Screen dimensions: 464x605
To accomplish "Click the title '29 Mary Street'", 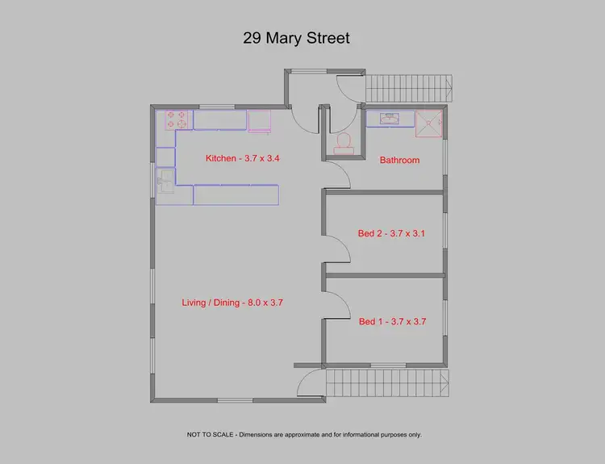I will tap(296, 38).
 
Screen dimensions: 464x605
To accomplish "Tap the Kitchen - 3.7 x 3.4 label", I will tap(242, 158).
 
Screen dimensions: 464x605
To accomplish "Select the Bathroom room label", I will tap(399, 160).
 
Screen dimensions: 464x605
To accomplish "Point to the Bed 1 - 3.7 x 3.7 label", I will tap(392, 321).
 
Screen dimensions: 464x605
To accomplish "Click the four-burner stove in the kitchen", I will tap(177, 120).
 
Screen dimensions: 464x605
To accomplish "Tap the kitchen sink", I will tap(164, 182).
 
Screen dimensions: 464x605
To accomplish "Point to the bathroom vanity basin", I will tap(389, 119).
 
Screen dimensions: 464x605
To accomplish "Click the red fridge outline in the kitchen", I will tap(260, 121).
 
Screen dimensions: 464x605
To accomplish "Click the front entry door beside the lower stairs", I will tap(309, 382).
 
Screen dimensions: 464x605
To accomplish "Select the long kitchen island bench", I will tap(236, 194).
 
